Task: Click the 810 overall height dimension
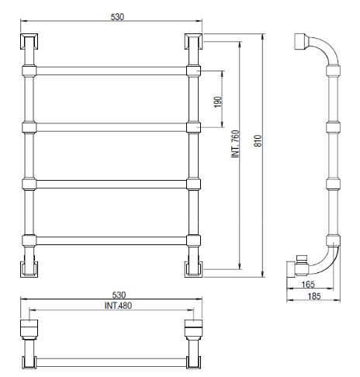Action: pyautogui.click(x=258, y=141)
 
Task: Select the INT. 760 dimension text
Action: pyautogui.click(x=236, y=144)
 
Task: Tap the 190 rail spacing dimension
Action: pyautogui.click(x=218, y=102)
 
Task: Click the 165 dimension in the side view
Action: pyautogui.click(x=308, y=285)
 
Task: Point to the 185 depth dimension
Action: pyautogui.click(x=314, y=296)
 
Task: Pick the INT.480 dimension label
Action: pyautogui.click(x=118, y=306)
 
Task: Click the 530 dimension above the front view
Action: pyautogui.click(x=117, y=17)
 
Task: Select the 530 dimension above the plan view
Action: pyautogui.click(x=119, y=295)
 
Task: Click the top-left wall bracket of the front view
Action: pyautogui.click(x=29, y=41)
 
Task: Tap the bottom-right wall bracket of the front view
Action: pyautogui.click(x=194, y=269)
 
